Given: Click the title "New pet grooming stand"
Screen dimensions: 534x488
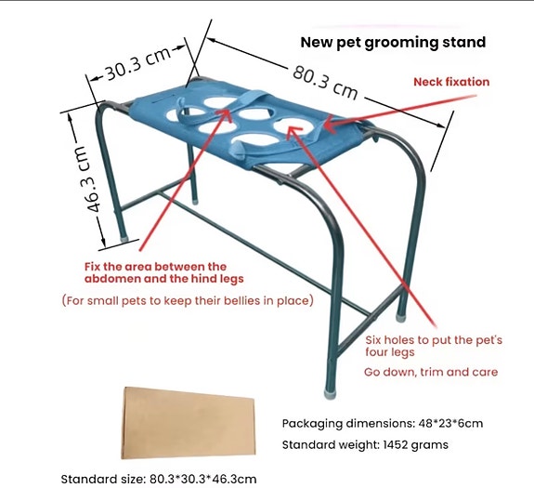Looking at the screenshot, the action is [x=393, y=43].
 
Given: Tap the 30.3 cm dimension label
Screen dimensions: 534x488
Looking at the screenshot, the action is [x=137, y=64].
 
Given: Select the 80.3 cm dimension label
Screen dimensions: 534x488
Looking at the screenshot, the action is [x=325, y=83].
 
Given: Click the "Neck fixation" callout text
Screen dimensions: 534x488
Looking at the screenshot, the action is [x=451, y=82].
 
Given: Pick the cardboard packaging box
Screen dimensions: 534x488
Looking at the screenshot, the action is [x=189, y=423].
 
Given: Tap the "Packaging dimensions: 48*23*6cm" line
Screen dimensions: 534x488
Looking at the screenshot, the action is [x=383, y=424].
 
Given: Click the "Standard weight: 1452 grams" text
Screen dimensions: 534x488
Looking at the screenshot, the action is [x=365, y=444].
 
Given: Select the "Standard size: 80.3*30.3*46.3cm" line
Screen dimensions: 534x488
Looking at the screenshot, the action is [x=159, y=479].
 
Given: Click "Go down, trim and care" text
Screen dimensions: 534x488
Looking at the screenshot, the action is [x=431, y=372].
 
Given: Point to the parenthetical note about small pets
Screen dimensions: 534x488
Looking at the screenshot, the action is [x=188, y=301].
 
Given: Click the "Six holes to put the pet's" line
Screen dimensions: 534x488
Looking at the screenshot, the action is [x=434, y=340].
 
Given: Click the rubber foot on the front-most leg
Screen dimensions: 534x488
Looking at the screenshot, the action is [x=330, y=394].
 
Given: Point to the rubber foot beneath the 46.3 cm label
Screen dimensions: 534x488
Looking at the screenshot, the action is [x=124, y=238].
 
